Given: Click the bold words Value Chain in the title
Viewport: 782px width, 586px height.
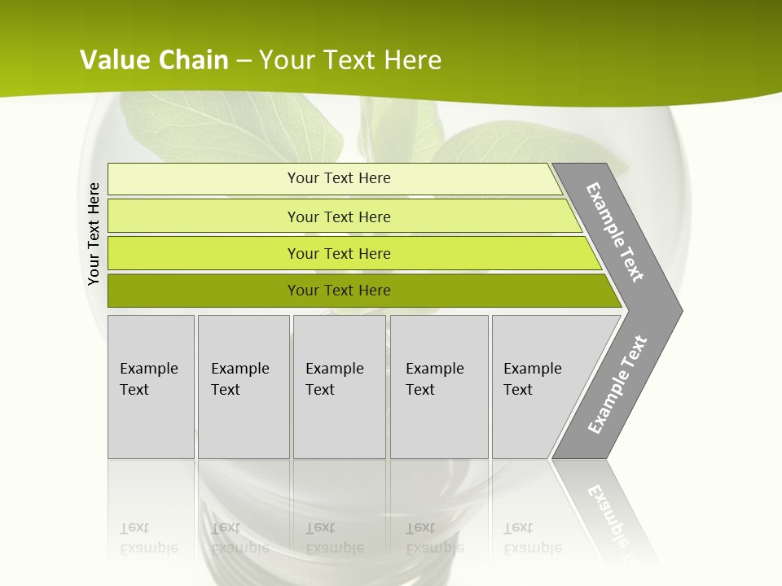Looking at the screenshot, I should (154, 59).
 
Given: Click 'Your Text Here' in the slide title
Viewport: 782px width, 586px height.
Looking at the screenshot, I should (350, 59).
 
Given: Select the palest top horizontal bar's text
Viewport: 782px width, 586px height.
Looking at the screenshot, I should (339, 178).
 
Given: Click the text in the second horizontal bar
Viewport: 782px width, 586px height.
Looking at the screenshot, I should (339, 216).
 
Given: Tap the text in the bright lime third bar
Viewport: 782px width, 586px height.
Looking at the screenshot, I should (339, 253).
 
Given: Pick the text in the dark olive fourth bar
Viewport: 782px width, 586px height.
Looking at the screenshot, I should (339, 291).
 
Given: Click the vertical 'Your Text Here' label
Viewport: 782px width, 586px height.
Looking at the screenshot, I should (94, 234).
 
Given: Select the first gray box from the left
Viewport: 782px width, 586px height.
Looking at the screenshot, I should (151, 386).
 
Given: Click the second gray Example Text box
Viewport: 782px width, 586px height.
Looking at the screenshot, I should (243, 386).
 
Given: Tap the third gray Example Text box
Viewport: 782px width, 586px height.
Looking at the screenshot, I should (339, 386).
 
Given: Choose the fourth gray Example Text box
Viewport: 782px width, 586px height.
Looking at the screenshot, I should (438, 386).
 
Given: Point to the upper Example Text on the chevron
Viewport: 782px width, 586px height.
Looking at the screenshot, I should (616, 232).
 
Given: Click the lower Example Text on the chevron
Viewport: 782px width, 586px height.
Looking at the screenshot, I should (617, 385).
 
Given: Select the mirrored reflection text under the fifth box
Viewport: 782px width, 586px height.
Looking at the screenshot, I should (532, 538).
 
